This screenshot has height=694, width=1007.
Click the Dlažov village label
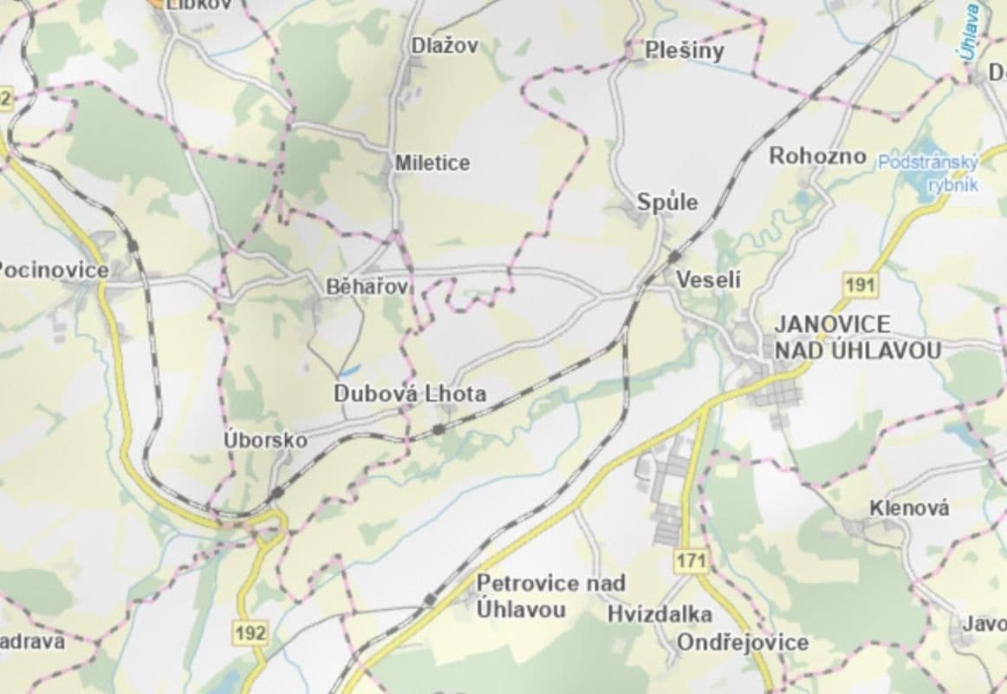pyautogui.click(x=445, y=47)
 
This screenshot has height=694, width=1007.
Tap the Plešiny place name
pyautogui.click(x=685, y=51)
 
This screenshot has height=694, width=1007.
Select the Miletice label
pyautogui.click(x=432, y=163)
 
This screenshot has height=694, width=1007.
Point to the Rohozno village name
pyautogui.click(x=817, y=156)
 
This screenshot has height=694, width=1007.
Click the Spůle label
pyautogui.click(x=667, y=202)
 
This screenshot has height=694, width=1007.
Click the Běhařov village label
pyautogui.click(x=367, y=286)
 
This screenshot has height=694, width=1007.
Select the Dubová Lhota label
pyautogui.click(x=410, y=394)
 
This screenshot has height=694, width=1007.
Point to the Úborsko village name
pyautogui.click(x=265, y=440)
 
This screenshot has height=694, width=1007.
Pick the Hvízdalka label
pyautogui.click(x=659, y=614)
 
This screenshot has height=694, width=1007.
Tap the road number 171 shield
pyautogui.click(x=691, y=560)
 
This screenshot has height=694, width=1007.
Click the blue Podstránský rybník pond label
pyautogui.click(x=928, y=173)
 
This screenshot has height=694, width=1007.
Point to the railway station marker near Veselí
pyautogui.click(x=673, y=257)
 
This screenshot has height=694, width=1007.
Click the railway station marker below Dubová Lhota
pyautogui.click(x=439, y=429)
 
